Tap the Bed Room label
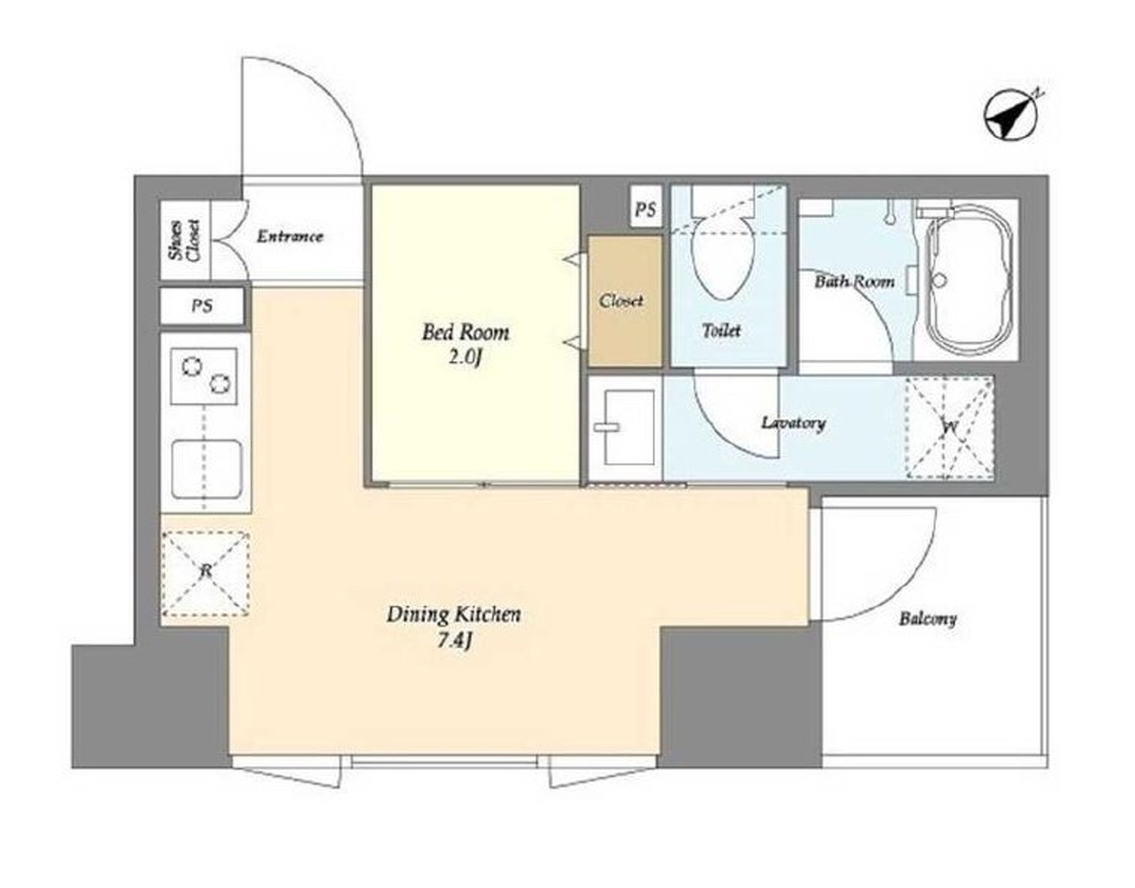click(x=465, y=332)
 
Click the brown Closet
click(x=625, y=301)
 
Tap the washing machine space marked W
click(x=949, y=427)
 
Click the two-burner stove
click(x=204, y=376)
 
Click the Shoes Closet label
click(x=185, y=240)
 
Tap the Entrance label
click(x=290, y=237)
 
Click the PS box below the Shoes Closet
click(x=202, y=306)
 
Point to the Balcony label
click(x=928, y=619)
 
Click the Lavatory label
click(x=793, y=423)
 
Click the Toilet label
click(x=721, y=330)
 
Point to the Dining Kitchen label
click(x=454, y=614)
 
